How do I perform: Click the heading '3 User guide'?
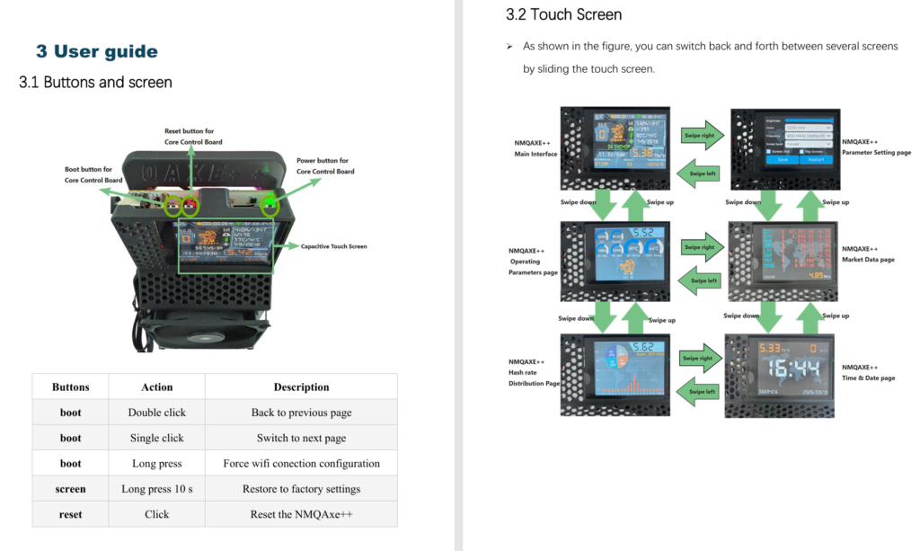[97, 52]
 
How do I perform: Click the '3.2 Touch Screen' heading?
[563, 14]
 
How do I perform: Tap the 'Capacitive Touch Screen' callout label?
[333, 246]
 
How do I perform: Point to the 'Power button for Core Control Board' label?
[325, 166]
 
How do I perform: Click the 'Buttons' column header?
[71, 387]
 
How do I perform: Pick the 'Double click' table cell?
[156, 413]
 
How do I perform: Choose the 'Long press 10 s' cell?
[156, 489]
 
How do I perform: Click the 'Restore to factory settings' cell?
[301, 489]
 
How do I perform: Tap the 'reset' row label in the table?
[71, 514]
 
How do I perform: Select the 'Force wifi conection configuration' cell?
[301, 464]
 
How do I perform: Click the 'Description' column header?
[301, 387]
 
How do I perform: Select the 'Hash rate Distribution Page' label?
[533, 373]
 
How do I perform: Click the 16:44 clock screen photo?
[780, 375]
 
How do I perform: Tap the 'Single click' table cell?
[156, 438]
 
